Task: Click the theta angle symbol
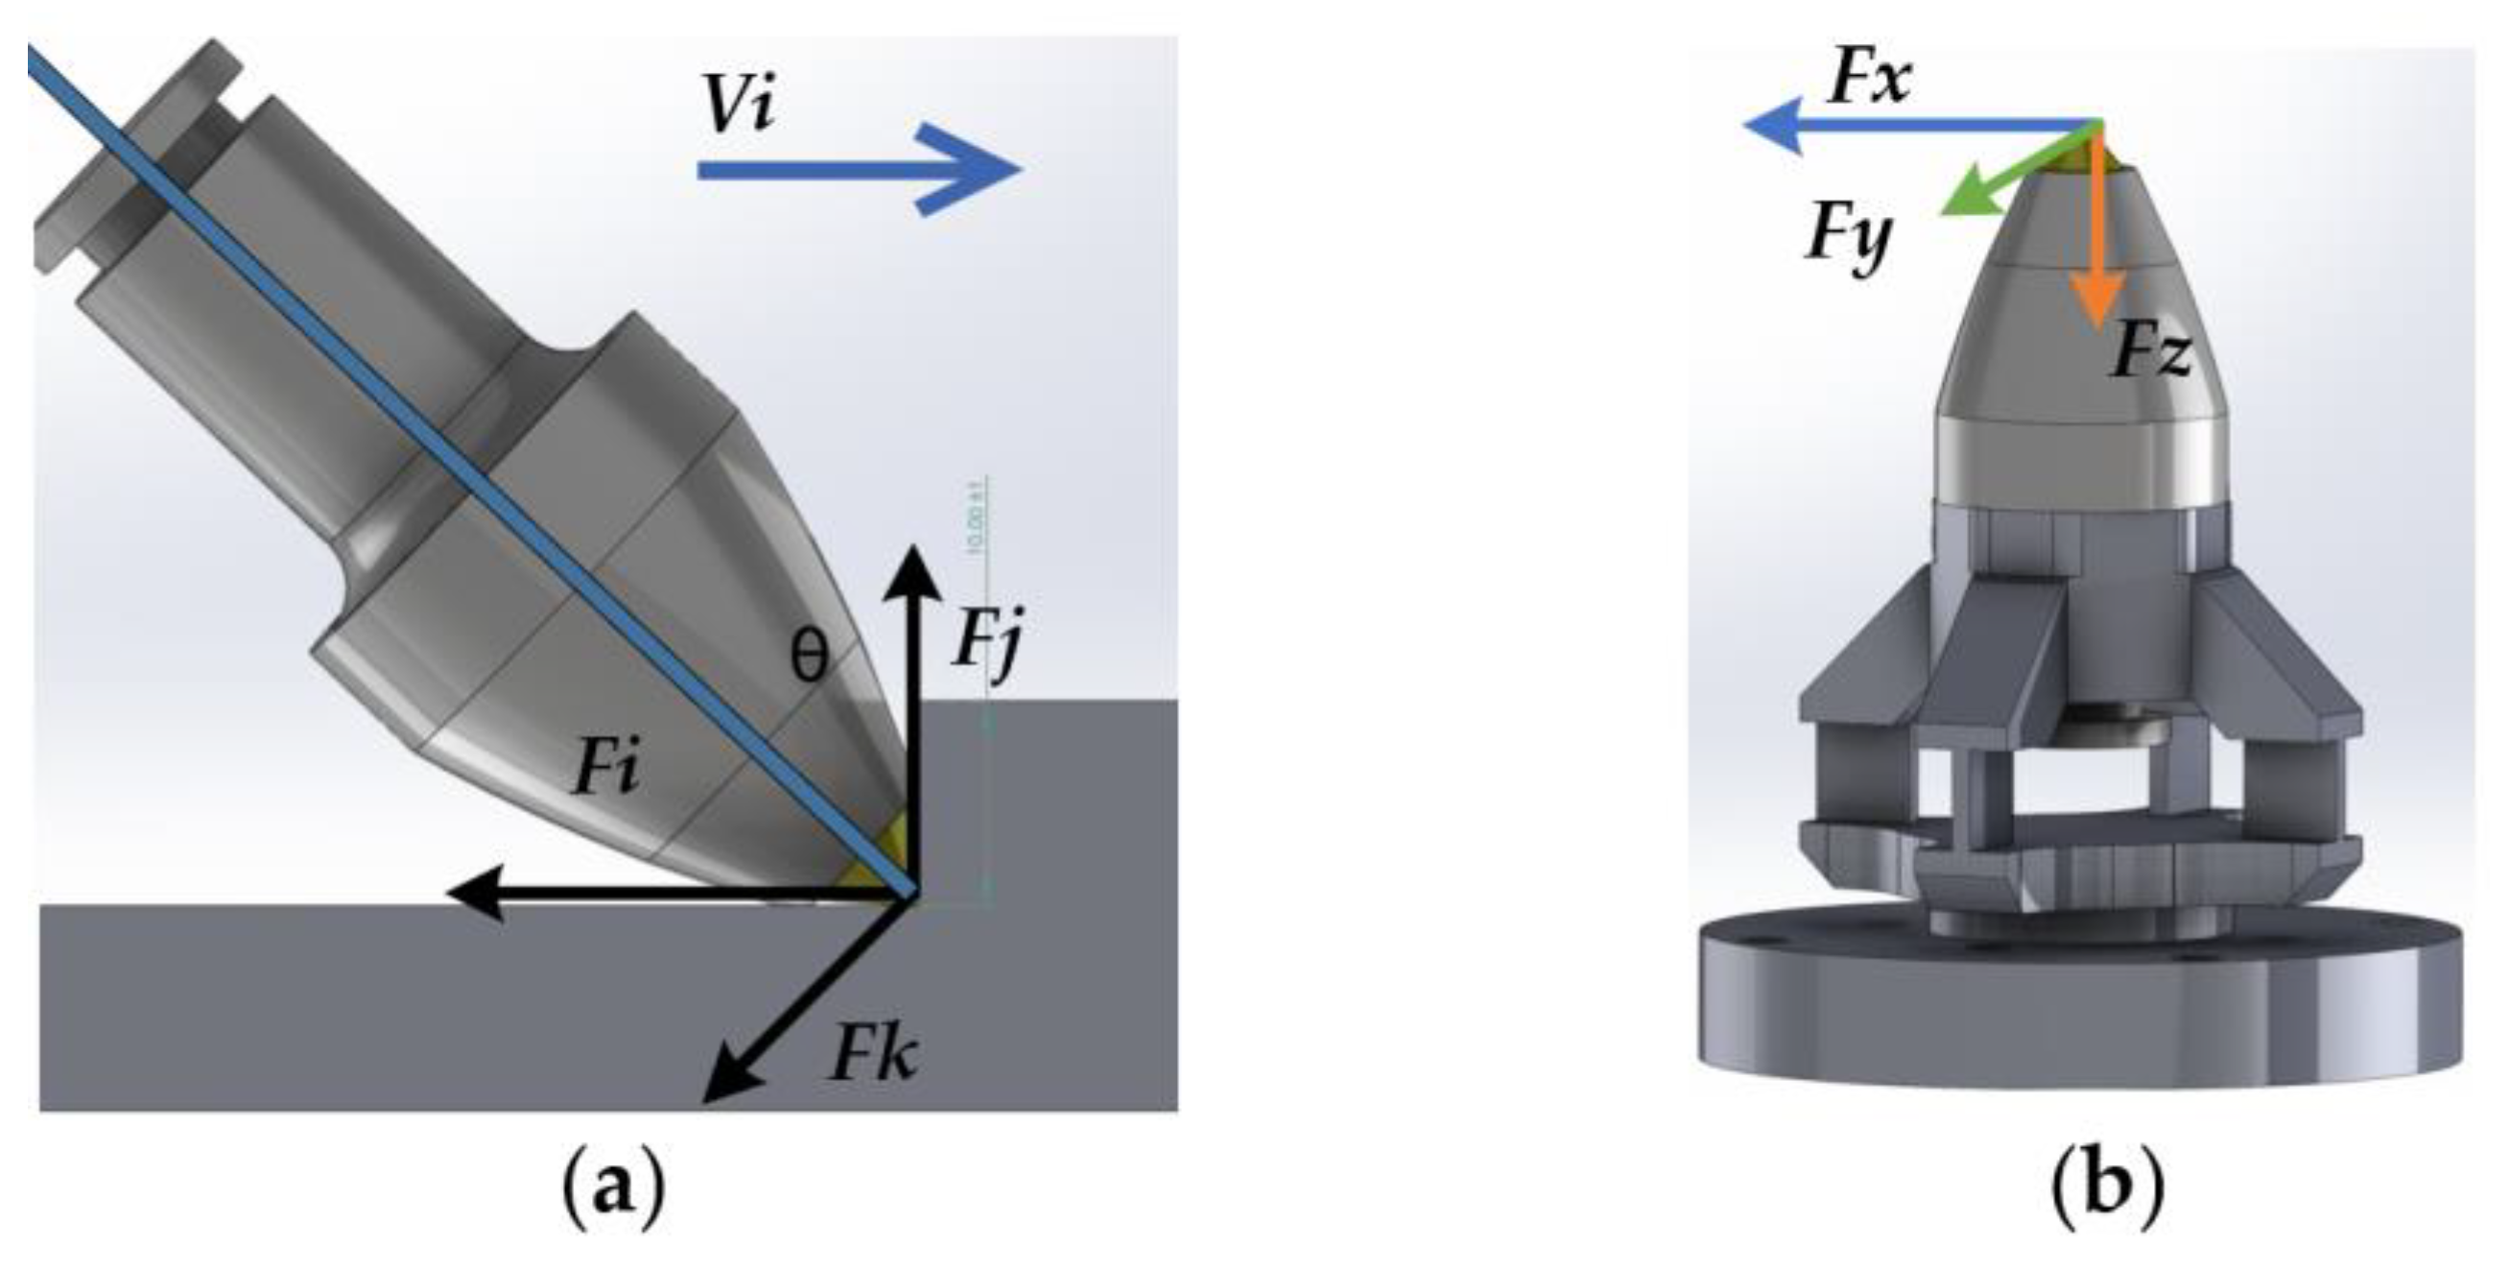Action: click(808, 659)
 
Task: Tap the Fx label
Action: click(1869, 78)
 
